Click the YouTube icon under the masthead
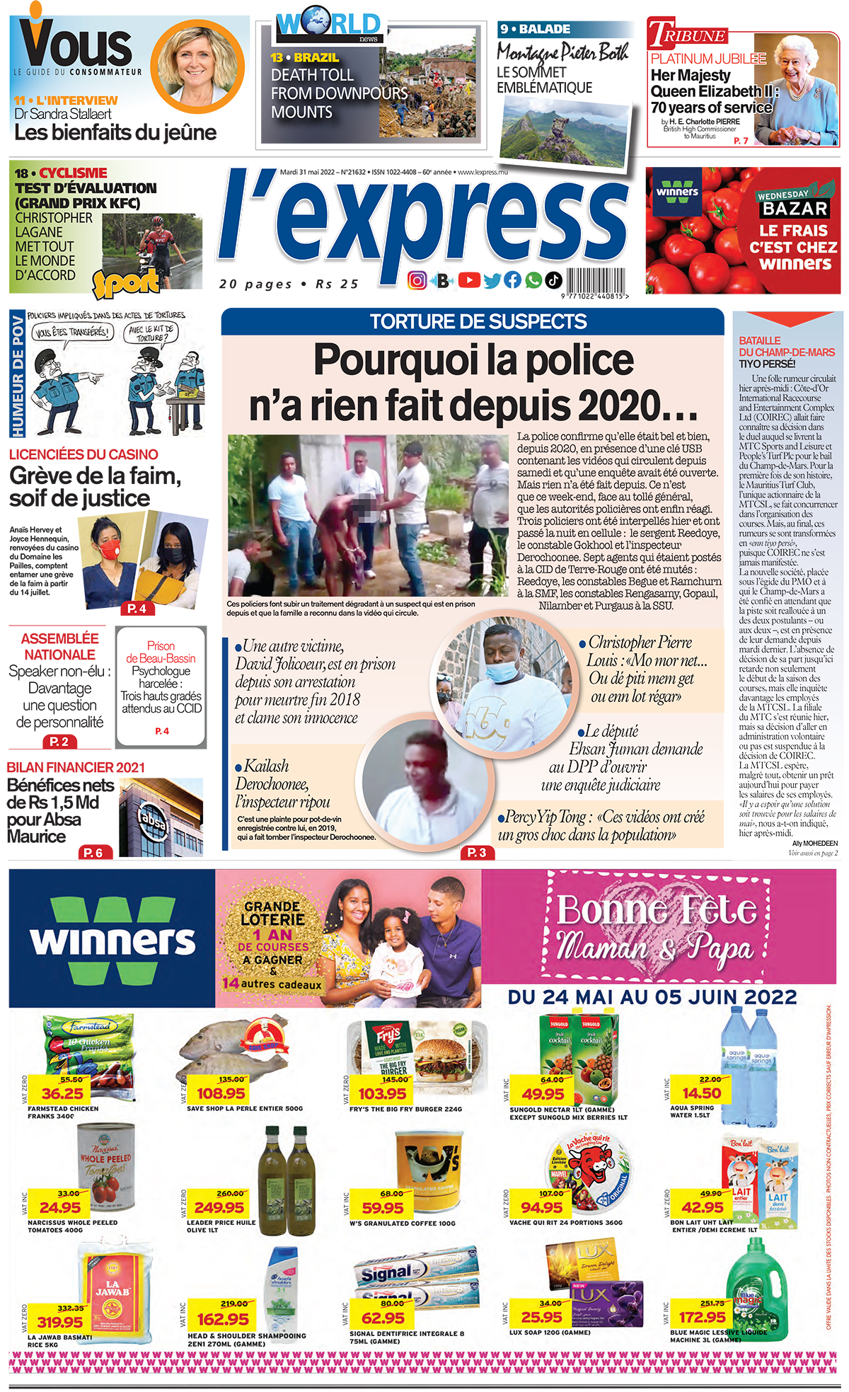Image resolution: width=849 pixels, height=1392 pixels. point(469,280)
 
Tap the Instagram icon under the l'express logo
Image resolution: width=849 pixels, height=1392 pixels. point(417,281)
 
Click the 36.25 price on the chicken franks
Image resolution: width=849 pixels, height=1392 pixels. point(62,1093)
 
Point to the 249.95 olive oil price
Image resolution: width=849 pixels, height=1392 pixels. point(219,1207)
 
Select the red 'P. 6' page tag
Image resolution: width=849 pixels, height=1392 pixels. point(93,853)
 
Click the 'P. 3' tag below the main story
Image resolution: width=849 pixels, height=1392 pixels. point(477,853)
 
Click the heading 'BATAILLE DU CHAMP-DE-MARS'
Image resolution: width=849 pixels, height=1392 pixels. point(786,346)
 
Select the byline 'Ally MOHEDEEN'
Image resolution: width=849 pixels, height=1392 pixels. point(814,844)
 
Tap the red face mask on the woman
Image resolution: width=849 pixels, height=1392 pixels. point(109,548)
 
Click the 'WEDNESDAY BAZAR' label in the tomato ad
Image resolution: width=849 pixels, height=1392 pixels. point(792,203)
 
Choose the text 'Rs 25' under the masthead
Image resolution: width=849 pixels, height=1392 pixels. point(337,284)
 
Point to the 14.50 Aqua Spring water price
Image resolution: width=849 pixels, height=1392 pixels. point(701,1093)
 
